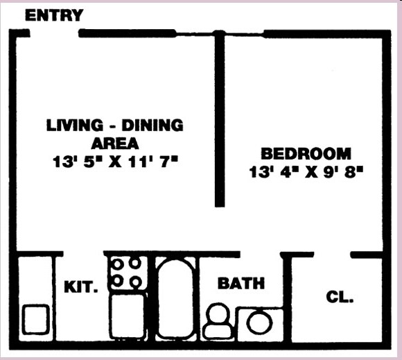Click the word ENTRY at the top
pos(54,15)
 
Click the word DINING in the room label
pos(152,126)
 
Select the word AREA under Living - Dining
pos(115,144)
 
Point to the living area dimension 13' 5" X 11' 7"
pos(115,162)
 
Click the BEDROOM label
pos(306,154)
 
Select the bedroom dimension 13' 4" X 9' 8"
pos(307,171)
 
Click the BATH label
pos(241,283)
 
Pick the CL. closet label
pos(340,298)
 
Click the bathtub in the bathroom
pos(176,298)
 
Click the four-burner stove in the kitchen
pos(127,273)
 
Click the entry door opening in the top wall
pos(54,33)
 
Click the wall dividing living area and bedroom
pos(220,118)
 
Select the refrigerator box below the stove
pos(127,316)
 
